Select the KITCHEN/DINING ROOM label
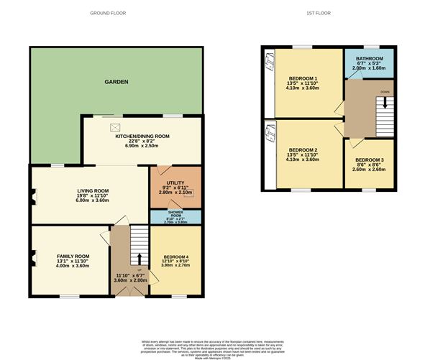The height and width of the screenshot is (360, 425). [x=142, y=136]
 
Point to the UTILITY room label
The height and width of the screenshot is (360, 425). [x=175, y=184]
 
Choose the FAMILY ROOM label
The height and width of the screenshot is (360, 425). [x=73, y=257]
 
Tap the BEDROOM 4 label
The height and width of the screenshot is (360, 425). [x=176, y=257]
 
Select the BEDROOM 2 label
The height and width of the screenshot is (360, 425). [x=303, y=149]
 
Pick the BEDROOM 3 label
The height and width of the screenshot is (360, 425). [x=369, y=160]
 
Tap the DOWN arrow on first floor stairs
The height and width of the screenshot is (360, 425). [x=385, y=102]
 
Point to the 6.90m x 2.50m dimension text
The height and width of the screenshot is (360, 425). [x=142, y=146]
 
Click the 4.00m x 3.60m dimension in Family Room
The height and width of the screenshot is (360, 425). [x=73, y=267]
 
